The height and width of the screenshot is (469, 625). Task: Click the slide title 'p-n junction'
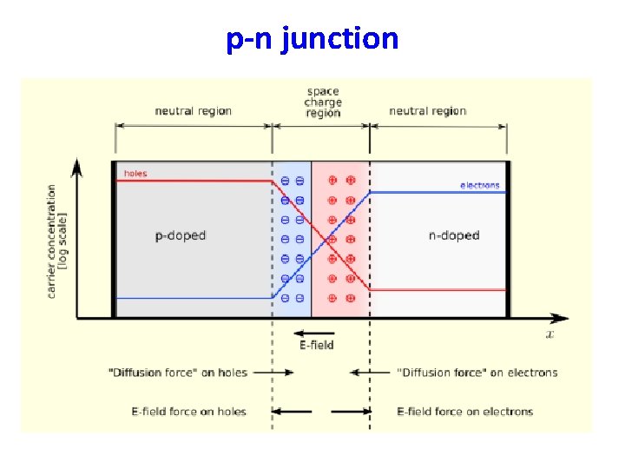click(x=312, y=39)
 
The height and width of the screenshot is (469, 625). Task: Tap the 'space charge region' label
click(x=322, y=102)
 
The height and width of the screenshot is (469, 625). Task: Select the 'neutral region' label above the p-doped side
click(x=194, y=111)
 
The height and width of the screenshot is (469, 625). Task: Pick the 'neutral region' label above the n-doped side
click(x=428, y=111)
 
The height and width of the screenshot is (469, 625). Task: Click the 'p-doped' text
click(x=180, y=236)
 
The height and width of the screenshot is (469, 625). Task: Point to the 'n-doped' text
click(x=454, y=236)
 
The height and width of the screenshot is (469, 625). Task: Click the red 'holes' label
click(x=135, y=174)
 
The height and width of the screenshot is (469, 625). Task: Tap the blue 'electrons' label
click(x=480, y=185)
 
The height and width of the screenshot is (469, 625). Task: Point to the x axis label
click(x=549, y=334)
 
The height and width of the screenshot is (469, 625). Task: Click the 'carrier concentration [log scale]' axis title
click(x=56, y=241)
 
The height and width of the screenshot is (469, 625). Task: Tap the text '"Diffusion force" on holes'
click(x=178, y=373)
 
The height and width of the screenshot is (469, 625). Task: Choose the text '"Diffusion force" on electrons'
click(x=477, y=373)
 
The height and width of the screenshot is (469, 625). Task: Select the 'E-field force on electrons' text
click(x=465, y=412)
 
